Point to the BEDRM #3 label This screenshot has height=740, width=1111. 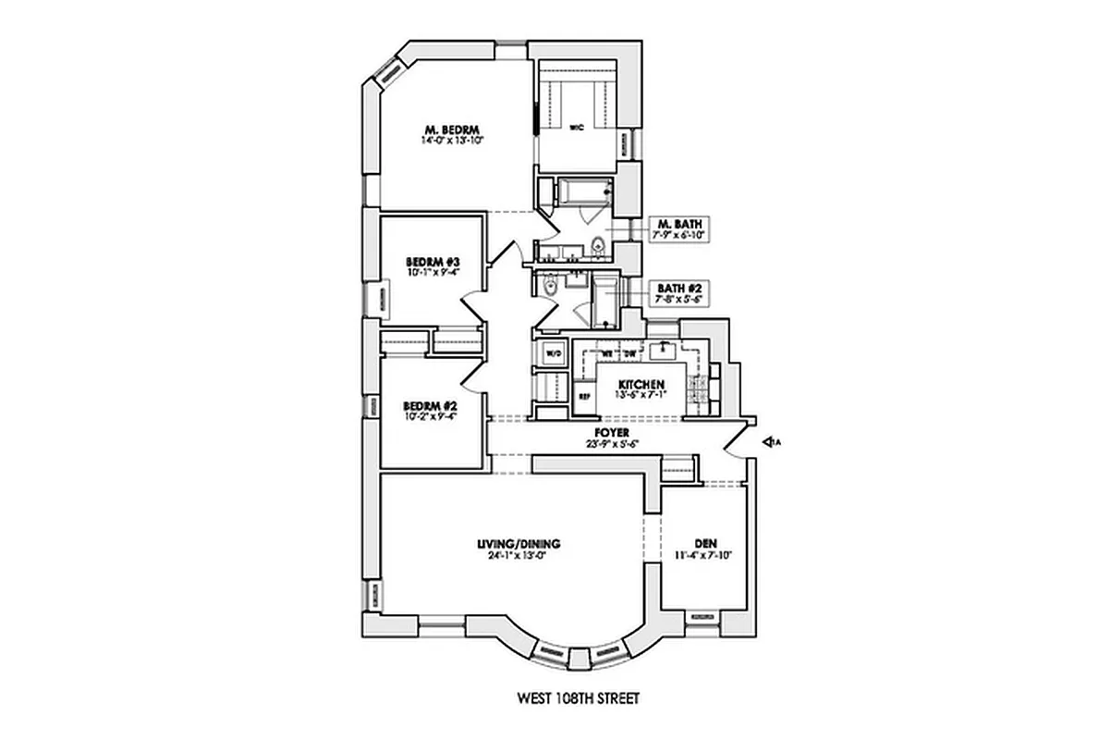(x=433, y=263)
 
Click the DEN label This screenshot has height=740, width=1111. (x=706, y=544)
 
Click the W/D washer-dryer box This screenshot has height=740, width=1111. (x=555, y=353)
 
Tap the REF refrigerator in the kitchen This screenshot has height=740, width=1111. (x=584, y=397)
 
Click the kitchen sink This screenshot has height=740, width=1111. (x=663, y=351)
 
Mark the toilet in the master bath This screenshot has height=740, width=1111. (x=598, y=246)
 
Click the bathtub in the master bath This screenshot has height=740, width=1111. (x=582, y=193)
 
